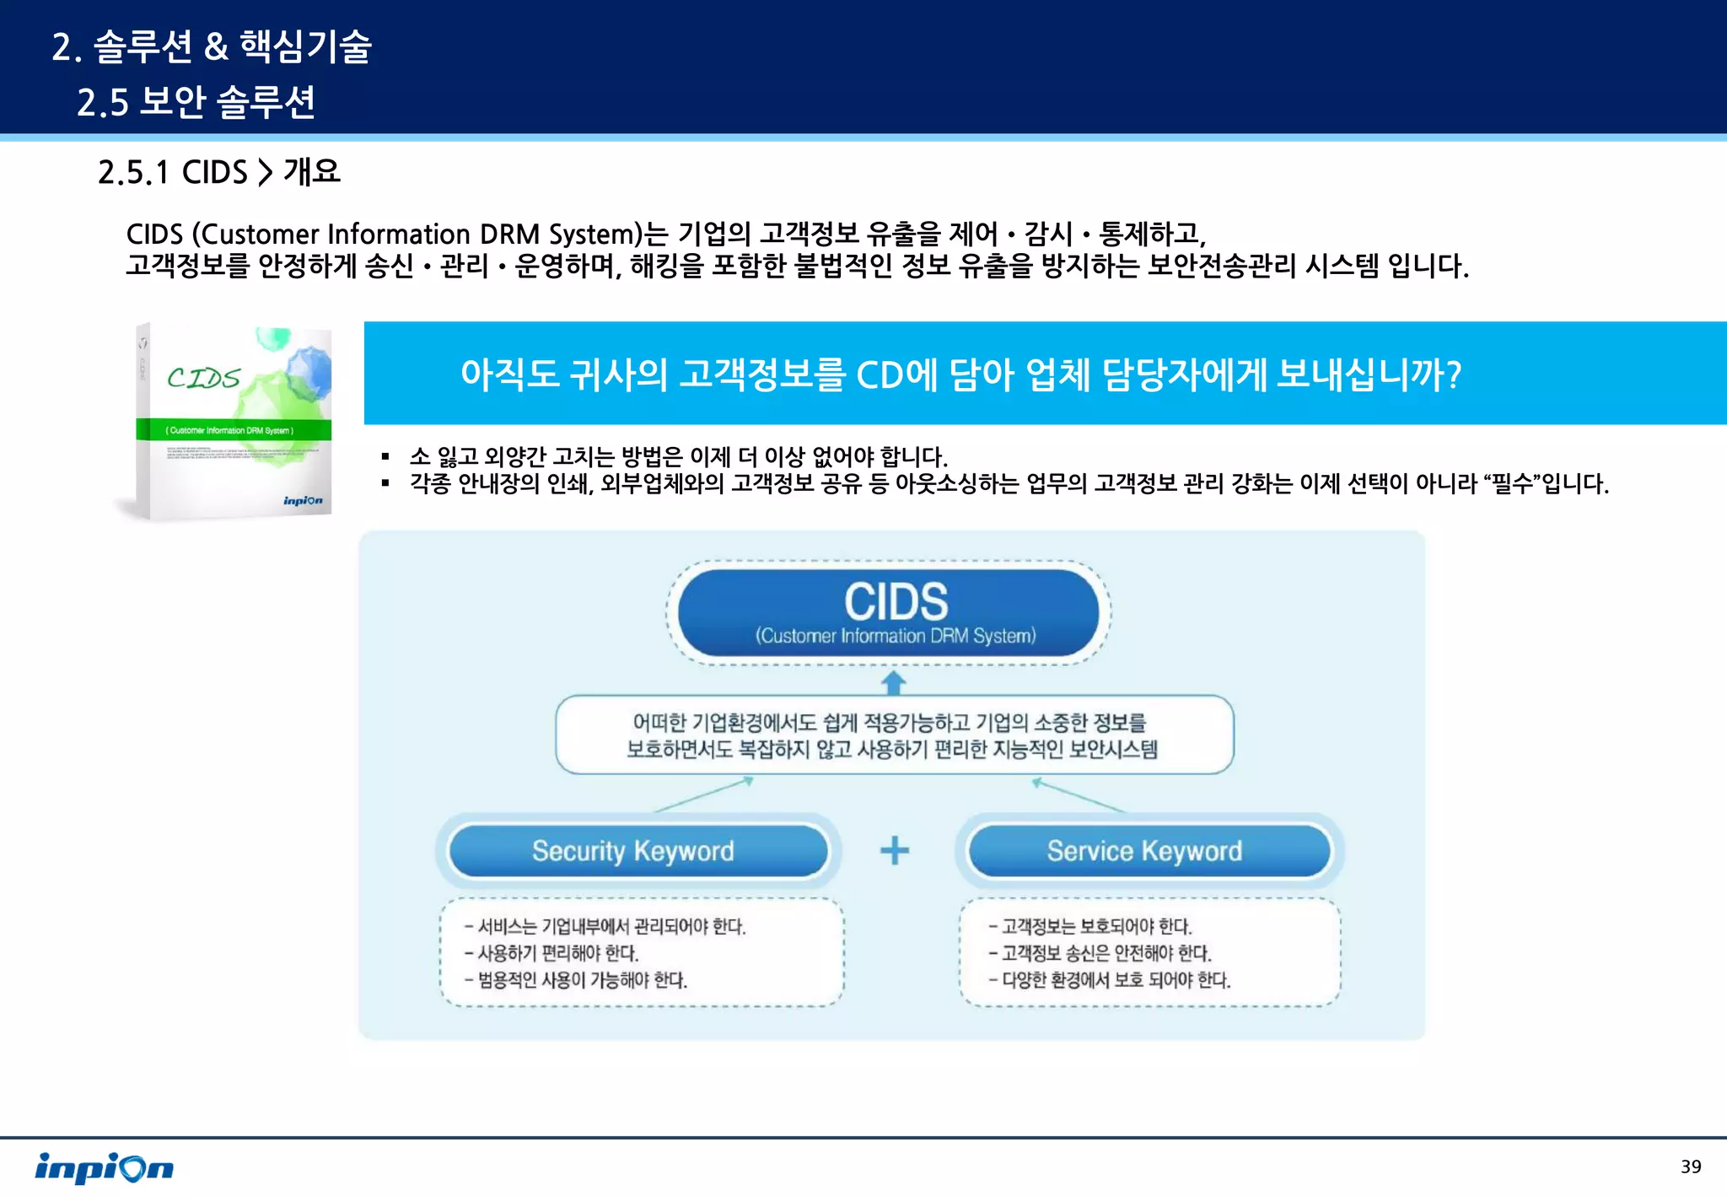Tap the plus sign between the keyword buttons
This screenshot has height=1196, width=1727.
pos(895,850)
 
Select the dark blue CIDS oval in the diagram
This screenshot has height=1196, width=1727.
pos(889,612)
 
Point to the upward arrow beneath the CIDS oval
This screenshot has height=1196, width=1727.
pos(894,682)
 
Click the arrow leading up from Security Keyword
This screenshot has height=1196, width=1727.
pos(704,795)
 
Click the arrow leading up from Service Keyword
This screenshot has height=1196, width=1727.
pos(1079,795)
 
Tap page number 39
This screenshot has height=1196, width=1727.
pos(1690,1166)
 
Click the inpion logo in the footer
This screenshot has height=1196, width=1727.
pos(104,1168)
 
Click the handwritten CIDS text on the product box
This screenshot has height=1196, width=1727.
pos(203,378)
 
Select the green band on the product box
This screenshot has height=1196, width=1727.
pos(233,430)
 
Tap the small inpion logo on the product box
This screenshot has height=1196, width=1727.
pos(303,501)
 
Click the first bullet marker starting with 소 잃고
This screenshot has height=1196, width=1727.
pos(385,457)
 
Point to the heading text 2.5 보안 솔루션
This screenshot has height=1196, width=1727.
pos(196,102)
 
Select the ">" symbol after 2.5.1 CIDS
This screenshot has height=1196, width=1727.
pos(265,172)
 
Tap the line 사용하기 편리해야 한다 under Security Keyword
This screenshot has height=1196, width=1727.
pos(557,953)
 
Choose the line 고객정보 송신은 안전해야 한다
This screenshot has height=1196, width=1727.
pos(1106,953)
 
